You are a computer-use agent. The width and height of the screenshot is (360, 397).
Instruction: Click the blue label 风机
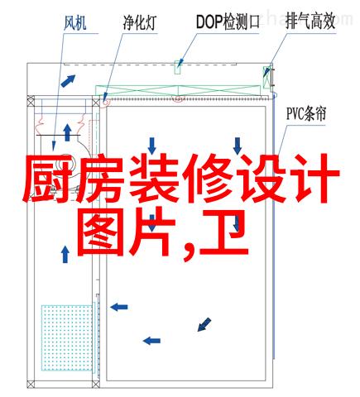coord(75,22)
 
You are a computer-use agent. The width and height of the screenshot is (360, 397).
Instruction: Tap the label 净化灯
coord(140,22)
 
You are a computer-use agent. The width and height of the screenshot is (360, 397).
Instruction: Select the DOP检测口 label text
coord(228,22)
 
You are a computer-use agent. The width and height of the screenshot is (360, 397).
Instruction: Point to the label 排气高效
coord(310,22)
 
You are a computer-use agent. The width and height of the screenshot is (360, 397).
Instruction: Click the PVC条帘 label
coord(306,114)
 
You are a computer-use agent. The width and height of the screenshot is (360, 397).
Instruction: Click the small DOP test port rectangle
coord(177,67)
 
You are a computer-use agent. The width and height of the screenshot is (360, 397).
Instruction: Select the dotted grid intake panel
coord(67,337)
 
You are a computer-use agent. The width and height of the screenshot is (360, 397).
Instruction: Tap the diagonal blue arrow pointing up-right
coord(68,81)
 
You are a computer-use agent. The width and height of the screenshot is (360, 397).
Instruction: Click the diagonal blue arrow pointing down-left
coord(204,324)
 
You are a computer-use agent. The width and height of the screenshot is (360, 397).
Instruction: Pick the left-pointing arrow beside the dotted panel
coord(119,307)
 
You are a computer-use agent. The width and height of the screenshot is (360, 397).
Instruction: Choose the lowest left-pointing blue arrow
coord(151,341)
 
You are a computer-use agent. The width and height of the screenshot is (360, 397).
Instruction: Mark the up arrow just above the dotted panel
coord(65,255)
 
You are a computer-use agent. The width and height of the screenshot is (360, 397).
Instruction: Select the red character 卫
coord(223,232)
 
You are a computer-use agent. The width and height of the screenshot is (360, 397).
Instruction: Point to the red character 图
coord(101,232)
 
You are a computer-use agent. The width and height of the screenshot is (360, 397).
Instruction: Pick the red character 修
coord(209,179)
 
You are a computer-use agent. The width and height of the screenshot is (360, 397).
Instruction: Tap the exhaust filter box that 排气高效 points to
coord(266,77)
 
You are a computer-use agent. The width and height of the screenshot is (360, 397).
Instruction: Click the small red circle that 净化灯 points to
coord(105,103)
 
